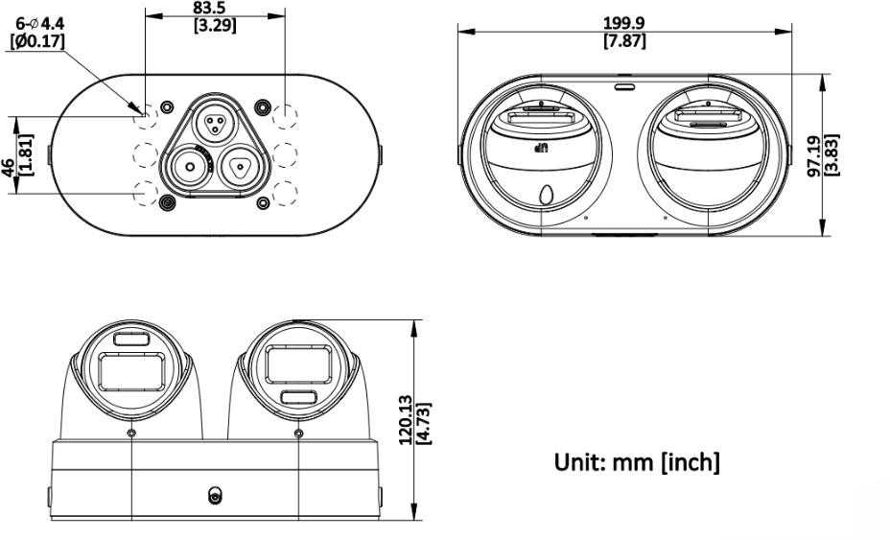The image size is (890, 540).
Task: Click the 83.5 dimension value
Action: click(209, 8)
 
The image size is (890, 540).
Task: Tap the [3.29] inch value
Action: click(215, 26)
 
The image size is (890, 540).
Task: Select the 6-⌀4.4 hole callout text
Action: click(39, 24)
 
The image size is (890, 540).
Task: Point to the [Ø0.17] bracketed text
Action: click(37, 41)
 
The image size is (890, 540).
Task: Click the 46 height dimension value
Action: click(9, 168)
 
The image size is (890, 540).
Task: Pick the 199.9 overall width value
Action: click(623, 23)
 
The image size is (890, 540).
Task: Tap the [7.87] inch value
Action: click(624, 41)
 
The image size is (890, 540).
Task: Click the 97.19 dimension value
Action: click(815, 156)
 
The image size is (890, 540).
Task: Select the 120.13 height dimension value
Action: click(406, 420)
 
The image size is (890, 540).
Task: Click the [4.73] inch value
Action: click(424, 424)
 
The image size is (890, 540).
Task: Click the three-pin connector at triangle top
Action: click(215, 124)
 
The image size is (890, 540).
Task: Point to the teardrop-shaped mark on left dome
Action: click(547, 196)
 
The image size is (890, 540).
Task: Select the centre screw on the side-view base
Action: click(215, 496)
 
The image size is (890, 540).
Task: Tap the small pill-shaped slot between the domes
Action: click(625, 87)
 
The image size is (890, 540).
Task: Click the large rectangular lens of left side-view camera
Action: click(131, 372)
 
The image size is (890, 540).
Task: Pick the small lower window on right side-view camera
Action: click(299, 396)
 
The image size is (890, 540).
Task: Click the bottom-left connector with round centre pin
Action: click(190, 167)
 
